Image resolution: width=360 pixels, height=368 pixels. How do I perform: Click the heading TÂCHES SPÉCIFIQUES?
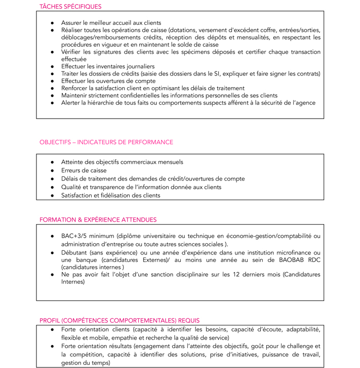[70, 7]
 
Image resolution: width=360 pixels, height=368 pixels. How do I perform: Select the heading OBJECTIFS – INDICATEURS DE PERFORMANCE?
[106, 142]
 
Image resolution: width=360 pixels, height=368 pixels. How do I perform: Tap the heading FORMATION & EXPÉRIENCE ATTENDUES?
[98, 219]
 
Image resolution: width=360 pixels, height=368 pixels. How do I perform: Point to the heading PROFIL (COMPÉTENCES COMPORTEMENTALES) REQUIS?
[119, 320]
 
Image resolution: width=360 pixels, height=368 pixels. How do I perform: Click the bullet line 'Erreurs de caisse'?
[84, 170]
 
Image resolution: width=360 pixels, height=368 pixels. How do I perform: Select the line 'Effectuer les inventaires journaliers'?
[108, 66]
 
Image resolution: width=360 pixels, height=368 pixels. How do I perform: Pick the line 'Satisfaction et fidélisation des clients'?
[110, 195]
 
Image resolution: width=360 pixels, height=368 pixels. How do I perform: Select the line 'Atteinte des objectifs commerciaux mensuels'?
[122, 162]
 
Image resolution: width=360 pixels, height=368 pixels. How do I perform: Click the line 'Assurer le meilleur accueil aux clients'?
[111, 23]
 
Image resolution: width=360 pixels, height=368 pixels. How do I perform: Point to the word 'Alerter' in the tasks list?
[72, 102]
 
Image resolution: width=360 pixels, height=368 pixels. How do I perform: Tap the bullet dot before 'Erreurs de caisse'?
[53, 171]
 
